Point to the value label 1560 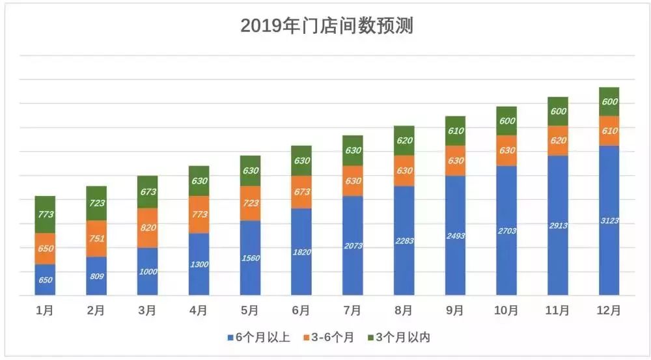click(x=250, y=258)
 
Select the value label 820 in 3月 click(x=148, y=228)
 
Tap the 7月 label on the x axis click(x=352, y=311)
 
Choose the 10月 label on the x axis click(x=506, y=311)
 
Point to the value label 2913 click(x=557, y=225)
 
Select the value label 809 click(x=96, y=275)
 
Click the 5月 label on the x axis click(x=250, y=311)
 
